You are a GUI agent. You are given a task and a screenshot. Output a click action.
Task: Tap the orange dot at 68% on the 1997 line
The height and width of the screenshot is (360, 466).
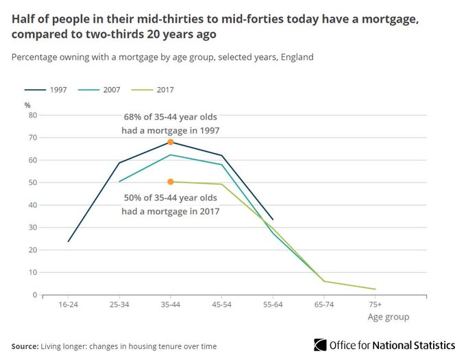coord(171,142)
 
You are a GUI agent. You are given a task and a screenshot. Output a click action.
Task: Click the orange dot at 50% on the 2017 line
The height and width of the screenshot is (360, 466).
coord(171,182)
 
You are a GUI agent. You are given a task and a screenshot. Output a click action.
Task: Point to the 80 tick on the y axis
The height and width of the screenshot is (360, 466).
coord(31,115)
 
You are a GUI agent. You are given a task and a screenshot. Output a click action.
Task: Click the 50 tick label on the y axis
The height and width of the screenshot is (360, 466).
coord(31,182)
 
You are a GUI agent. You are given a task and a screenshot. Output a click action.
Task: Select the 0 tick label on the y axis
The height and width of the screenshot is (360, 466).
coord(33,295)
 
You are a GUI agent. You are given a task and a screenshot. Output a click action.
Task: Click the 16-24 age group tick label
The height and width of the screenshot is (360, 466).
coord(69,303)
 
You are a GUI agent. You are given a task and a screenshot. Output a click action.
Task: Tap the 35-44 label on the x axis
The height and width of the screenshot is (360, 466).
coord(171,303)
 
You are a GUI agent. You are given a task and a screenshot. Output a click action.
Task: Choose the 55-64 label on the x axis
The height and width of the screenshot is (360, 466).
coord(273,303)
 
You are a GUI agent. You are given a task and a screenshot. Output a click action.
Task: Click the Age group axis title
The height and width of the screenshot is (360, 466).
coord(388,317)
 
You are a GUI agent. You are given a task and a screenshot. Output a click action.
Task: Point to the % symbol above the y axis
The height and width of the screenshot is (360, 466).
coord(28,105)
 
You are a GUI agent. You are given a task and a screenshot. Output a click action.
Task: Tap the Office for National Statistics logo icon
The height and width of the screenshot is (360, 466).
coord(320,345)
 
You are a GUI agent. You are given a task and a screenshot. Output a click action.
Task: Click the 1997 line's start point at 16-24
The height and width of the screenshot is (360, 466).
coord(69,241)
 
